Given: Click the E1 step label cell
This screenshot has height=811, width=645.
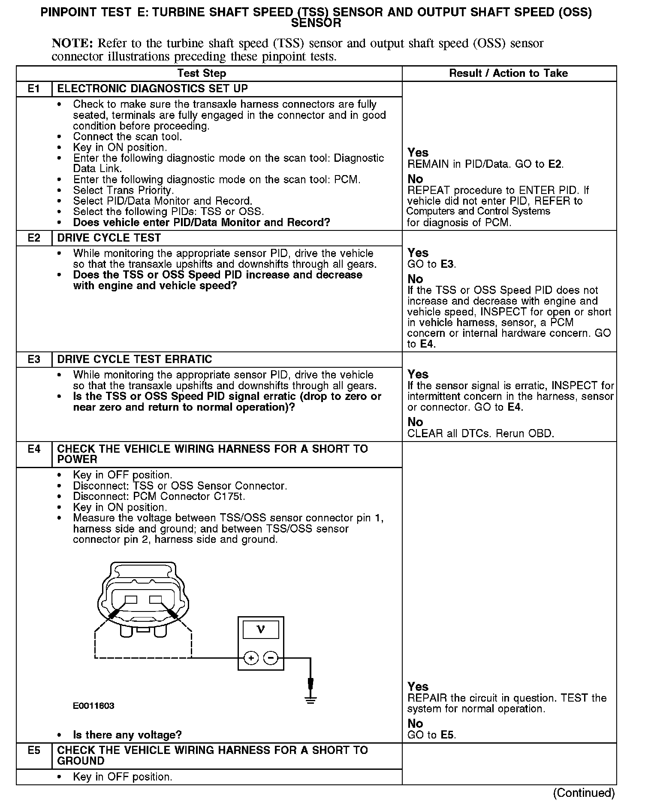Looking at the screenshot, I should [x=34, y=89].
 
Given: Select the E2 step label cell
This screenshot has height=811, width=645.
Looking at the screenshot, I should [x=34, y=238].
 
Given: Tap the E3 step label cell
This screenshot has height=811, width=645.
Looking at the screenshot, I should [x=34, y=360].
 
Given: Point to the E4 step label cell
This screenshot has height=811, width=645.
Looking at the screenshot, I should [x=34, y=449].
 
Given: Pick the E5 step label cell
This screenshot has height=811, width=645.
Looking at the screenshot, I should [x=34, y=750].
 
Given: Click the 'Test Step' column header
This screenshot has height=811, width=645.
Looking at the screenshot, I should [x=202, y=73].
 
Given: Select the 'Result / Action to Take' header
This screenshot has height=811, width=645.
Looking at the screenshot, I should [x=508, y=73].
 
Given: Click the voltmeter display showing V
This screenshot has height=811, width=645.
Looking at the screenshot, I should [x=261, y=630].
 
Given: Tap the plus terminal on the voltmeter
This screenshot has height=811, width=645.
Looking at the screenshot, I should [x=251, y=658].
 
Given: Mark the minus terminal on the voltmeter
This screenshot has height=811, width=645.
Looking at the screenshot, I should [x=270, y=658].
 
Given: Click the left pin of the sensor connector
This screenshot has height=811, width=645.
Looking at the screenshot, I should [x=131, y=599].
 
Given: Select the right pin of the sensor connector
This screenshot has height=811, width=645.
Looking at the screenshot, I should [x=155, y=599].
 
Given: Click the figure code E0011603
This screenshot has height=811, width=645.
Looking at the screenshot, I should [x=93, y=706].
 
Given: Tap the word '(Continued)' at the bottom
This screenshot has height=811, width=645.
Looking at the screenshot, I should [x=584, y=793].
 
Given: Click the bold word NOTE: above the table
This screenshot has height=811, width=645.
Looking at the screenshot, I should [x=72, y=43].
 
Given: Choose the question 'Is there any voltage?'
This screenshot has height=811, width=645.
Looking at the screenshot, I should [x=127, y=735].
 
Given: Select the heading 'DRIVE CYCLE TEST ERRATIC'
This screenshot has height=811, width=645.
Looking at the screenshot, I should [x=135, y=360].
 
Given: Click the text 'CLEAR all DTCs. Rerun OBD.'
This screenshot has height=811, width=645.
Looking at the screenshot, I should [x=480, y=433].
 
